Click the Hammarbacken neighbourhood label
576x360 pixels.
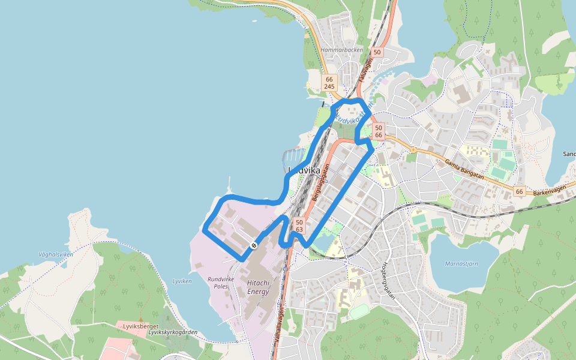pyautogui.click(x=342, y=50)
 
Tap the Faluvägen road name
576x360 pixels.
pyautogui.click(x=362, y=70)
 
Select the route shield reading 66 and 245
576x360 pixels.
pyautogui.click(x=329, y=83)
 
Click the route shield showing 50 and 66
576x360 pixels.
pyautogui.click(x=378, y=131)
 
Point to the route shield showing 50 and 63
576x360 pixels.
pyautogui.click(x=299, y=226)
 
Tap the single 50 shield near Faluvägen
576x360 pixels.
pyautogui.click(x=377, y=52)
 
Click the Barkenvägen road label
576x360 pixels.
pyautogui.click(x=550, y=190)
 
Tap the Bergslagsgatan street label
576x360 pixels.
pyautogui.click(x=321, y=182)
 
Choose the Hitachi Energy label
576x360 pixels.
pyautogui.click(x=259, y=287)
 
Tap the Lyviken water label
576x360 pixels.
pyautogui.click(x=182, y=281)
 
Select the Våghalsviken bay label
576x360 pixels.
pyautogui.click(x=56, y=254)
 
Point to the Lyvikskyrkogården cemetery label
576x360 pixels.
pyautogui.click(x=173, y=332)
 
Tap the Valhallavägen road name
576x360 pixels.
pyautogui.click(x=280, y=325)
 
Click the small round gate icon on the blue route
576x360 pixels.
pyautogui.click(x=254, y=245)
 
